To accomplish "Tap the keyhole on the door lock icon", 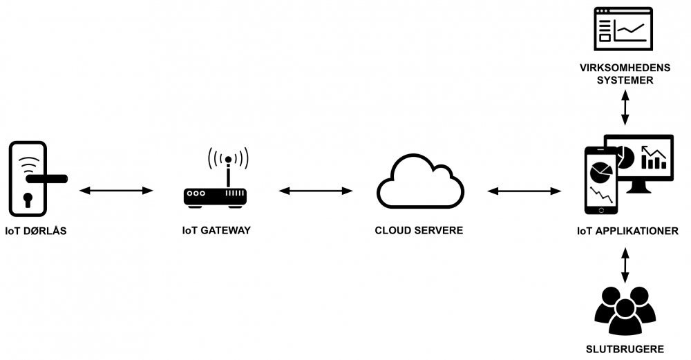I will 28,200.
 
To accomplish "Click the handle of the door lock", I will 47,179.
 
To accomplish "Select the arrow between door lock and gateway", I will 116,190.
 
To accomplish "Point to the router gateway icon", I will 215,196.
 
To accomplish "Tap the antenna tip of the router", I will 228,160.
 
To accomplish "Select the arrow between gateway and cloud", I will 315,190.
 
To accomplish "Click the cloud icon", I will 419,180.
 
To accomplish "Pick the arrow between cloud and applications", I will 524,190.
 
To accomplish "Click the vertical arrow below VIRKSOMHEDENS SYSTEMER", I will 625,107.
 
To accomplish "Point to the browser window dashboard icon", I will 624,28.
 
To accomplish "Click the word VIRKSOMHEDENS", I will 625,68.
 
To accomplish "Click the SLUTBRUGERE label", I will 625,349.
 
